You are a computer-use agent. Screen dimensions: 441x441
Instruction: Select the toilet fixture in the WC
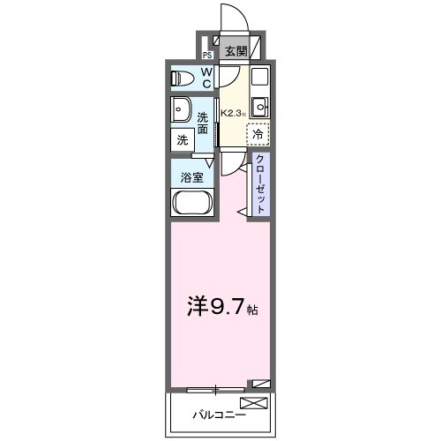[x=183, y=78]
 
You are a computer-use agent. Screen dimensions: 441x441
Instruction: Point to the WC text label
[x=206, y=78]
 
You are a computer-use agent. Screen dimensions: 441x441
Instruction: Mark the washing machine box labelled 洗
[x=183, y=139]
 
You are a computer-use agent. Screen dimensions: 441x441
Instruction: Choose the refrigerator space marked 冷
[x=258, y=134]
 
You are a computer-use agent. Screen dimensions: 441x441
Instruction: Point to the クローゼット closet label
[x=261, y=183]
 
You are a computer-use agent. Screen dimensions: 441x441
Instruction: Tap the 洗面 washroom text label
[x=203, y=123]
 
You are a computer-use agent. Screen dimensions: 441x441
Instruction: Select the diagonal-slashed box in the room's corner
[x=259, y=384]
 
